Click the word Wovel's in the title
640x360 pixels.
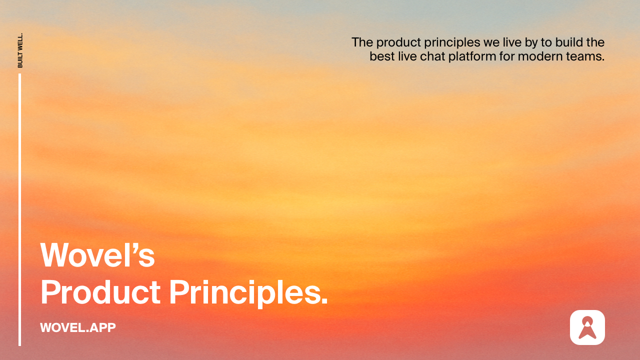(97, 255)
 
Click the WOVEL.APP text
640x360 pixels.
(78, 327)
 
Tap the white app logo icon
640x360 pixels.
(587, 327)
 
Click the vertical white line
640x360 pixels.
(20, 210)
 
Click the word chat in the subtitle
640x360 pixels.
(432, 56)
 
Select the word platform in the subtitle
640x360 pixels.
(472, 56)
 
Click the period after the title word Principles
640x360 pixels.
(324, 302)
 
